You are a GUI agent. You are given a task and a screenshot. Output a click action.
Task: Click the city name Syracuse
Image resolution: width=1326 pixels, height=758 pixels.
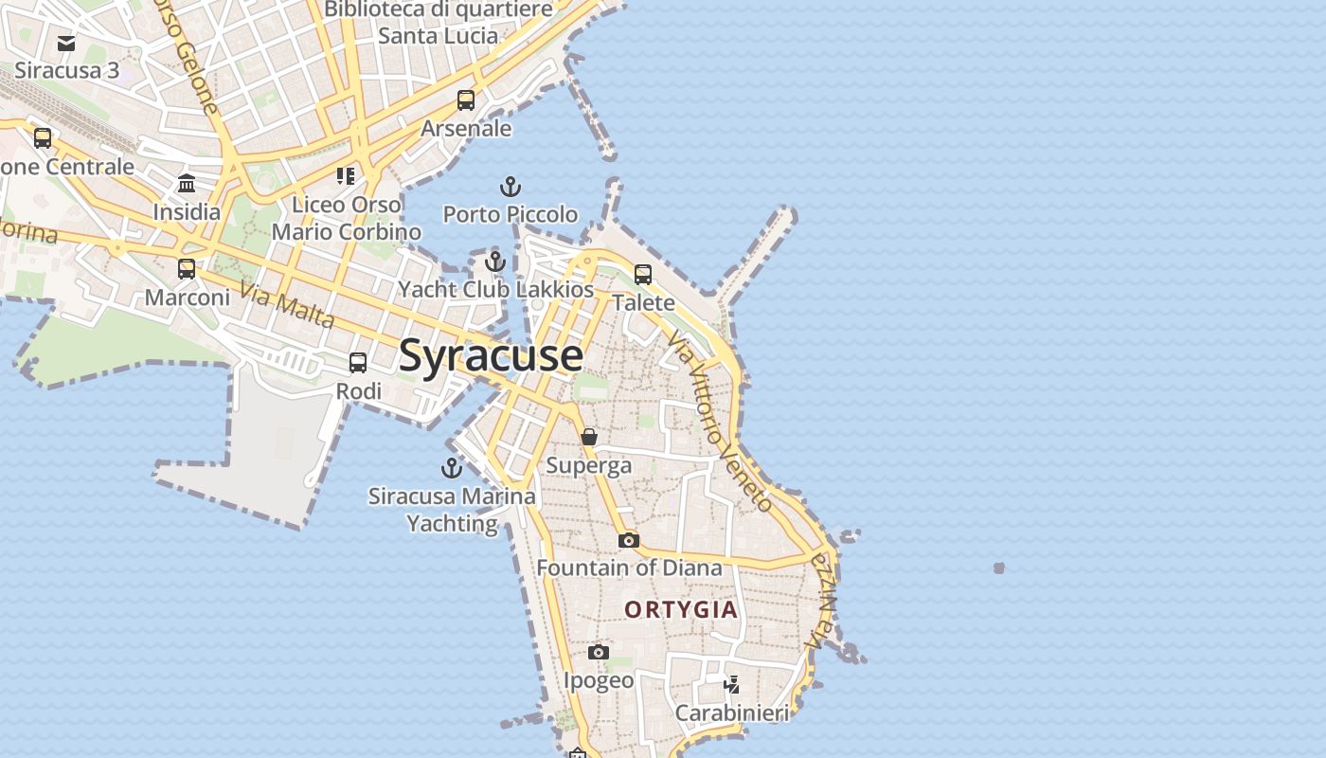[x=491, y=355]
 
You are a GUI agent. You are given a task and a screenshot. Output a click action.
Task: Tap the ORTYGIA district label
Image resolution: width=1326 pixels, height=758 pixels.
[x=680, y=609]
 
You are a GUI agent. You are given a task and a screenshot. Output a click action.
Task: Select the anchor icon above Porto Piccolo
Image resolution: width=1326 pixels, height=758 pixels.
[x=511, y=186]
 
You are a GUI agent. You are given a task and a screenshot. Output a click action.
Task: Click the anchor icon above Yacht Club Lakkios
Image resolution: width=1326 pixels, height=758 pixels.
[x=495, y=262]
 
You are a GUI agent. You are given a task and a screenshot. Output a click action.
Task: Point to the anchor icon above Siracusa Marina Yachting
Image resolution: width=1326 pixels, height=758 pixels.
[x=452, y=467]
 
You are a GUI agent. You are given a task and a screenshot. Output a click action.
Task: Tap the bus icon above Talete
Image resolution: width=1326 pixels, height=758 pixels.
[x=643, y=275]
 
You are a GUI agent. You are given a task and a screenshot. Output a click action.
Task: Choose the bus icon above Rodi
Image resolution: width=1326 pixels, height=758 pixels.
[x=358, y=363]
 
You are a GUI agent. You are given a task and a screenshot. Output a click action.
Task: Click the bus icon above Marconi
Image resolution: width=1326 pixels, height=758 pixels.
[x=187, y=269]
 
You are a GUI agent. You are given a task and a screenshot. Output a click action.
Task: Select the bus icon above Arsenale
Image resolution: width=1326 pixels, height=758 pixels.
[x=466, y=99]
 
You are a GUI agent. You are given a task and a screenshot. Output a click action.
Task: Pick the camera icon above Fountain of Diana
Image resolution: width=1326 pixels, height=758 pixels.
[x=628, y=540]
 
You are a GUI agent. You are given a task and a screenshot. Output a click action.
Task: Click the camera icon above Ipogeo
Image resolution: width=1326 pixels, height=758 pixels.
[x=598, y=652]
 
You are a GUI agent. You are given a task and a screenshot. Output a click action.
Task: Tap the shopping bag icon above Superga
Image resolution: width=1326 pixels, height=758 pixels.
[x=589, y=437]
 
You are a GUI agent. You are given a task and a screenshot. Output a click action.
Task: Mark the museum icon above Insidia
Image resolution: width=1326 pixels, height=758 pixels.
[x=187, y=183]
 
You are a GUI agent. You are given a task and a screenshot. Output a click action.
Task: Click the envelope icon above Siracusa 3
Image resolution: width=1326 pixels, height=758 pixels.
[x=66, y=43]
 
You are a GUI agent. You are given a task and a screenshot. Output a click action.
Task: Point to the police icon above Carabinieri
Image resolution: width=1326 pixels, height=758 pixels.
[x=731, y=683]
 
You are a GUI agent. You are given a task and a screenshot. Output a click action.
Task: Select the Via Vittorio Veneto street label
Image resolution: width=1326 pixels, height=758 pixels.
[x=720, y=422]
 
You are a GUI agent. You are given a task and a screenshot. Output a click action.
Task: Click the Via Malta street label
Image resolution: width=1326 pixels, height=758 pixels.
[x=287, y=304]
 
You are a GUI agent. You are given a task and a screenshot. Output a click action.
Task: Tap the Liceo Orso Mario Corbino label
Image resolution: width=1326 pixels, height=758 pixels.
[x=347, y=218]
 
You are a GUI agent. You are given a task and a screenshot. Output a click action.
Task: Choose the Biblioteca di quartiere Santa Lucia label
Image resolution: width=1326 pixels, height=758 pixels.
[x=438, y=23]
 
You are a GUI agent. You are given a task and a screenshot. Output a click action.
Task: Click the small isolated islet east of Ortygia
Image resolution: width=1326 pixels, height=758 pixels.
[x=998, y=568]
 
